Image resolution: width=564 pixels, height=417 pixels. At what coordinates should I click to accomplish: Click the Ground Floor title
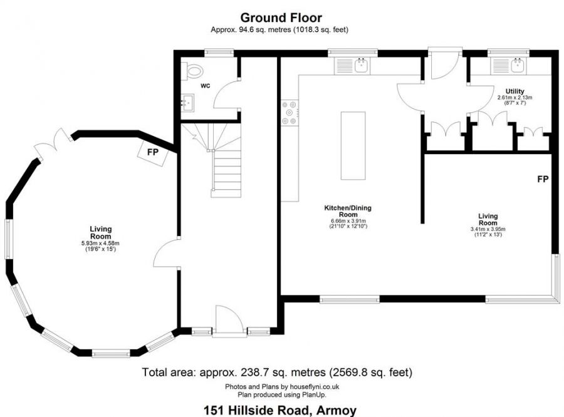pos(281,18)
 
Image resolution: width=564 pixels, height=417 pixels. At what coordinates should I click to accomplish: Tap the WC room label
pos(205,85)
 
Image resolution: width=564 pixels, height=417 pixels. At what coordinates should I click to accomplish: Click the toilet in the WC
pos(191,70)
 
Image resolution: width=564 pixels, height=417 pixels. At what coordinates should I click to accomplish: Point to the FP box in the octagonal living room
pos(153,152)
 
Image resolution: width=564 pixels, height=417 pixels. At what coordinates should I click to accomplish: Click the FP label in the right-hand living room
pos(543,179)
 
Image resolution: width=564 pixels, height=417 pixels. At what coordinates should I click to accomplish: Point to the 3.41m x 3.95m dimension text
pos(488,230)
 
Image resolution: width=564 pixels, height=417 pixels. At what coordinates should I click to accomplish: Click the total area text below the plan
pos(277,372)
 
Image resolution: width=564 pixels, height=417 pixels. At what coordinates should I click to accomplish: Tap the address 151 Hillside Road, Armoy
pos(280,411)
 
